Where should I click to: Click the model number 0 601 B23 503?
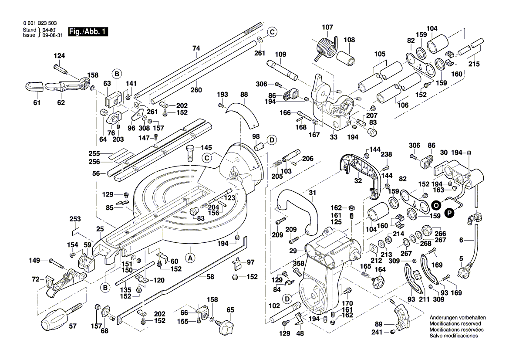click(x=39, y=24)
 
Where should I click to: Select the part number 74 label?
click(x=196, y=48)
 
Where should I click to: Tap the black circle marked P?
click(x=449, y=212)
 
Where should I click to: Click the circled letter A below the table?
click(x=190, y=258)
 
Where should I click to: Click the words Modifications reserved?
click(x=455, y=324)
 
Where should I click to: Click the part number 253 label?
click(x=75, y=218)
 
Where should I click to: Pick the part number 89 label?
click(x=378, y=324)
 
